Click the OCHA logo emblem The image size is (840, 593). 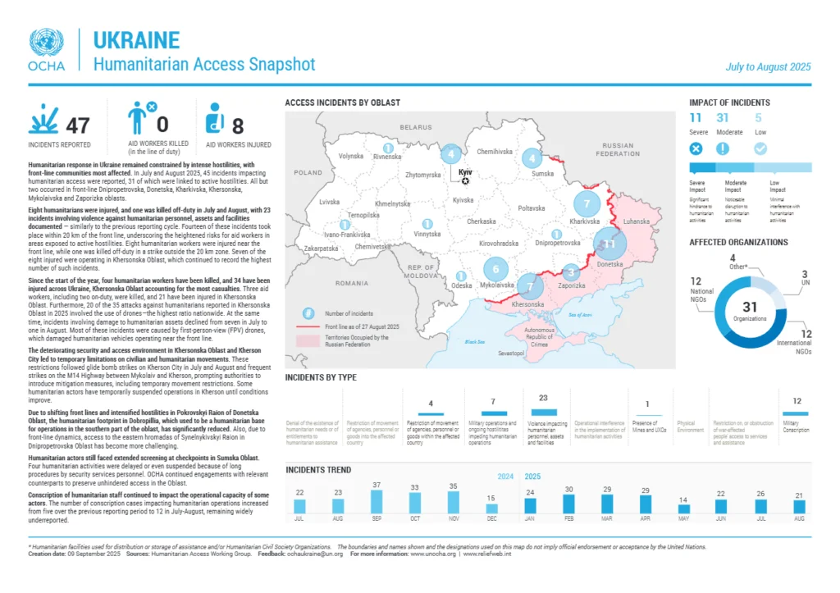[45, 43]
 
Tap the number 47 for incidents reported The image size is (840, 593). [77, 125]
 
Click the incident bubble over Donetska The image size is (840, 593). [609, 244]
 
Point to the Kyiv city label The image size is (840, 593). [465, 172]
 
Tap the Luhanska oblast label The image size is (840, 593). [636, 221]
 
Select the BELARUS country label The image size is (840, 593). [416, 128]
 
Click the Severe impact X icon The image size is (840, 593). [696, 148]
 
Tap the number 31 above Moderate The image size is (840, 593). [723, 118]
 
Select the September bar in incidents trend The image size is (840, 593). [377, 502]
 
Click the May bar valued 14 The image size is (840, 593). [683, 509]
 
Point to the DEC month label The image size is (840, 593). [491, 520]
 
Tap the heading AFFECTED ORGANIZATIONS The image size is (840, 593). [738, 243]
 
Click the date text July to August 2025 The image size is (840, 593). [768, 67]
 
